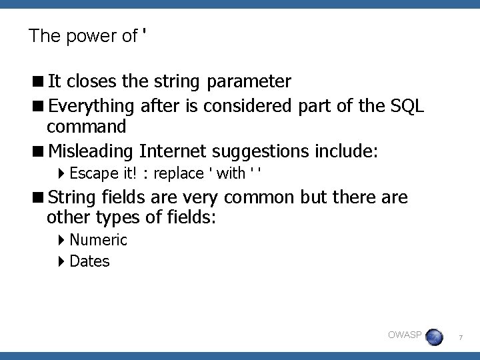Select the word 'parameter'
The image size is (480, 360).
point(249,82)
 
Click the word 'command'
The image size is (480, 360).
point(86,126)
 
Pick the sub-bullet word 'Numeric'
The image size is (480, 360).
point(98,240)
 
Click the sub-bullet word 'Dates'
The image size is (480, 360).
point(89,261)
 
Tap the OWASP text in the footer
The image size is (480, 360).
point(405,335)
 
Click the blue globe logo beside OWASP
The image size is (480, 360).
point(434,337)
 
